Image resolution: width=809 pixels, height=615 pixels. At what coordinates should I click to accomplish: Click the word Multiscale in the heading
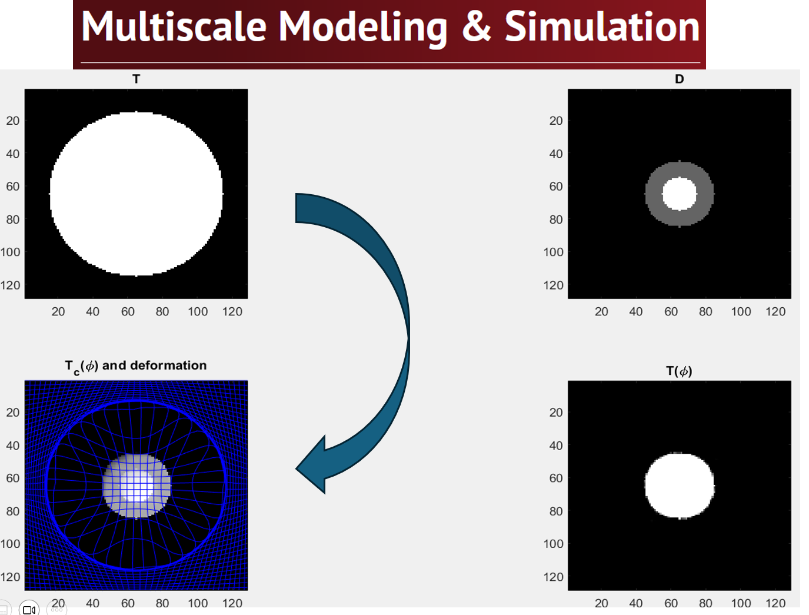[x=174, y=26]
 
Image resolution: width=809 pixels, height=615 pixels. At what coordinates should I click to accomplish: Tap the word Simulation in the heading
[x=602, y=26]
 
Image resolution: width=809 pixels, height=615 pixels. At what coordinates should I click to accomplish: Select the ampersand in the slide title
[x=476, y=26]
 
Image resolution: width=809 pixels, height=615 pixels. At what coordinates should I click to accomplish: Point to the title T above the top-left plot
[x=137, y=79]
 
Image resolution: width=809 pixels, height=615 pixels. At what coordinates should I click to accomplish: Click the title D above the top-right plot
[x=679, y=79]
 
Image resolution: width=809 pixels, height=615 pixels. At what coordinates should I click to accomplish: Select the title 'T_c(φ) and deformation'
[x=136, y=367]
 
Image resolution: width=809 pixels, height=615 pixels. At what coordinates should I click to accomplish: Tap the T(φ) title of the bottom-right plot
[x=679, y=371]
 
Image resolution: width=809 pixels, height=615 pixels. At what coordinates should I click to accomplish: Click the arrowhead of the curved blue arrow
[x=310, y=467]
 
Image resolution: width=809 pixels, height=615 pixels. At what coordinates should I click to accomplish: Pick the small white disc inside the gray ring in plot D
[x=679, y=194]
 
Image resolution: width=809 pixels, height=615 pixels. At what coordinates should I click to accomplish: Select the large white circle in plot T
[x=137, y=194]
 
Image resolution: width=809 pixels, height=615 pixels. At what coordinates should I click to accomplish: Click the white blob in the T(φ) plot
[x=679, y=486]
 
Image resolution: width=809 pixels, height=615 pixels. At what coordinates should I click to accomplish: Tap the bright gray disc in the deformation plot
[x=137, y=486]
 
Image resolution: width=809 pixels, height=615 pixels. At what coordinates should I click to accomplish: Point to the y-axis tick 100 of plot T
[x=11, y=252]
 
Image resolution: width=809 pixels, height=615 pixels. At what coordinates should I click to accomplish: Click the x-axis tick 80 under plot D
[x=705, y=312]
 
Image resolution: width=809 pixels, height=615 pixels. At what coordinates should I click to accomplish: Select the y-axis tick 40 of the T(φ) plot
[x=556, y=446]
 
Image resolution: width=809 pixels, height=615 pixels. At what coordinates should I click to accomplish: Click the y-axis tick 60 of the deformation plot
[x=13, y=478]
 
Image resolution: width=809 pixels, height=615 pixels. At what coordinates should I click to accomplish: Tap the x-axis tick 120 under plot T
[x=232, y=312]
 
